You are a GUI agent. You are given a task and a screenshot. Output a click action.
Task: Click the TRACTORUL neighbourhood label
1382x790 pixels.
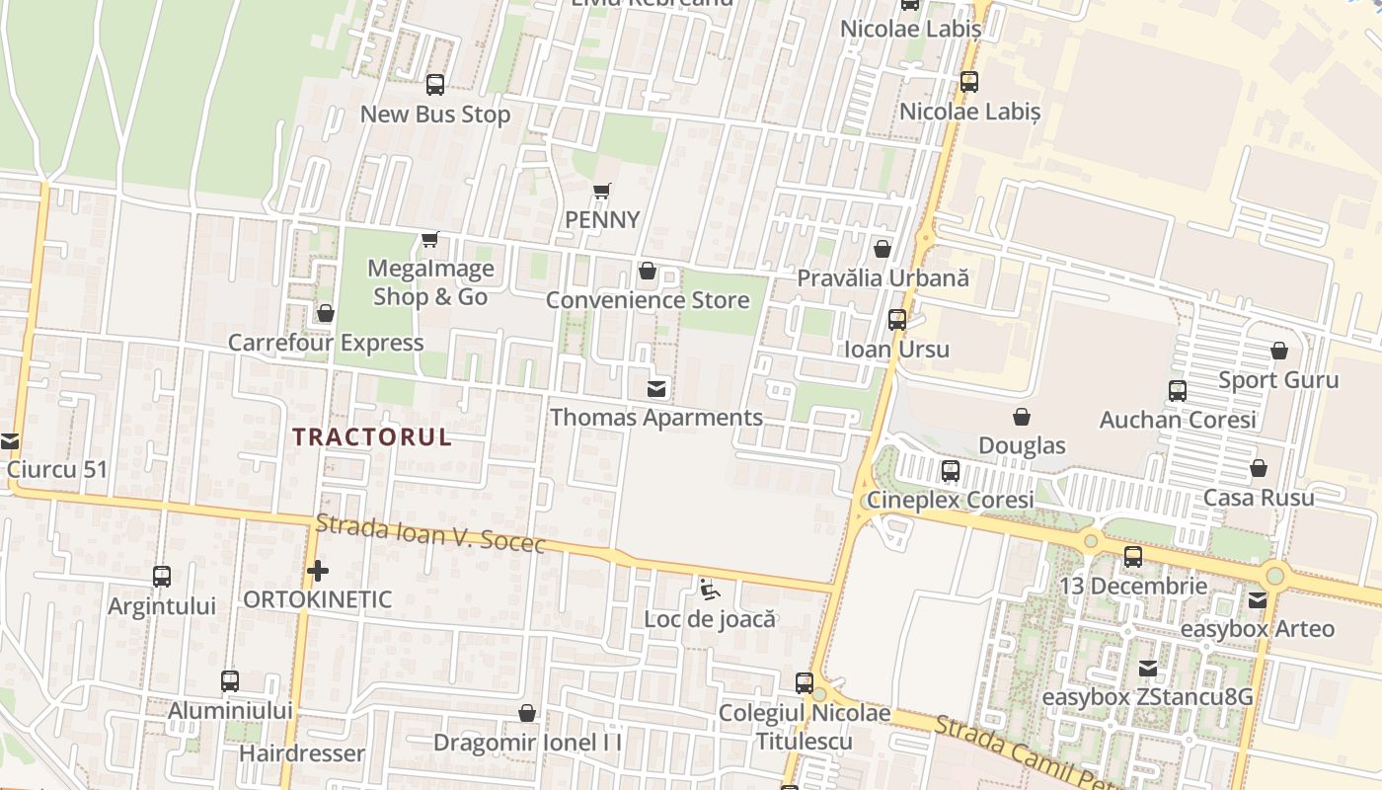[371, 436]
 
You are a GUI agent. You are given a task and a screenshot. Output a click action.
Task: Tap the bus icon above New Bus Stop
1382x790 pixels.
[435, 85]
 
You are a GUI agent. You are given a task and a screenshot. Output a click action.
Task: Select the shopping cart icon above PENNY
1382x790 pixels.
[602, 191]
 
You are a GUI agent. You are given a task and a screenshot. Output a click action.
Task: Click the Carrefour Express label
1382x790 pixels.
[326, 343]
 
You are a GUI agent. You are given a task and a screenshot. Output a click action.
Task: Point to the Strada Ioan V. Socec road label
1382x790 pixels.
[430, 534]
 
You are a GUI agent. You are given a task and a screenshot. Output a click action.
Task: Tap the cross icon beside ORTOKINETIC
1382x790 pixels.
[317, 570]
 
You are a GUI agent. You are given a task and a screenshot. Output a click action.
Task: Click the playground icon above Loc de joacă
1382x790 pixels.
[709, 590]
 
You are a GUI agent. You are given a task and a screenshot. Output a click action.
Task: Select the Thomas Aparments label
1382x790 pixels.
[656, 417]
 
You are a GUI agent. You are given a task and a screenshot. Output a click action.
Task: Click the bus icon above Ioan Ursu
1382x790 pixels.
[896, 320]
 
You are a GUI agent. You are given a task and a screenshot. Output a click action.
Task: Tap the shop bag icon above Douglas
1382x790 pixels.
[1022, 417]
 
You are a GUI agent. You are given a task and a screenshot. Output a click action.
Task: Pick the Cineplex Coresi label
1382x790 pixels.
[951, 500]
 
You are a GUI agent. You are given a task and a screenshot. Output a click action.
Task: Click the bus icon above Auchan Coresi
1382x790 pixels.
[1178, 391]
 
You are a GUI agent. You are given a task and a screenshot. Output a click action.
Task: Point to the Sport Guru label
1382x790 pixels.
[1278, 380]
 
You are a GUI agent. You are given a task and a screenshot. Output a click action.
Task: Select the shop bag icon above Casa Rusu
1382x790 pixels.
[1259, 468]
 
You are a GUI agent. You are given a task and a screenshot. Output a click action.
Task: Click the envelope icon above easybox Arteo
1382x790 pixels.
[1258, 599]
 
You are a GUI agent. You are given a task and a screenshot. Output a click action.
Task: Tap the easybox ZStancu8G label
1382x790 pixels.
[1148, 696]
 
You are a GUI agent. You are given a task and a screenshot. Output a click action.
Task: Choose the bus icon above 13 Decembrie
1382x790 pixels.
[1133, 557]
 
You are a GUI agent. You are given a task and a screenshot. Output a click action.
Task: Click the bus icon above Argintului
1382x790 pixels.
[162, 577]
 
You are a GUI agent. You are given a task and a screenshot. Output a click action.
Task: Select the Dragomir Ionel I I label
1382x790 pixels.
[528, 742]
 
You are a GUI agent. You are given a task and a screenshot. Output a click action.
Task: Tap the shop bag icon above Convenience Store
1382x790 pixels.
[648, 271]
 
